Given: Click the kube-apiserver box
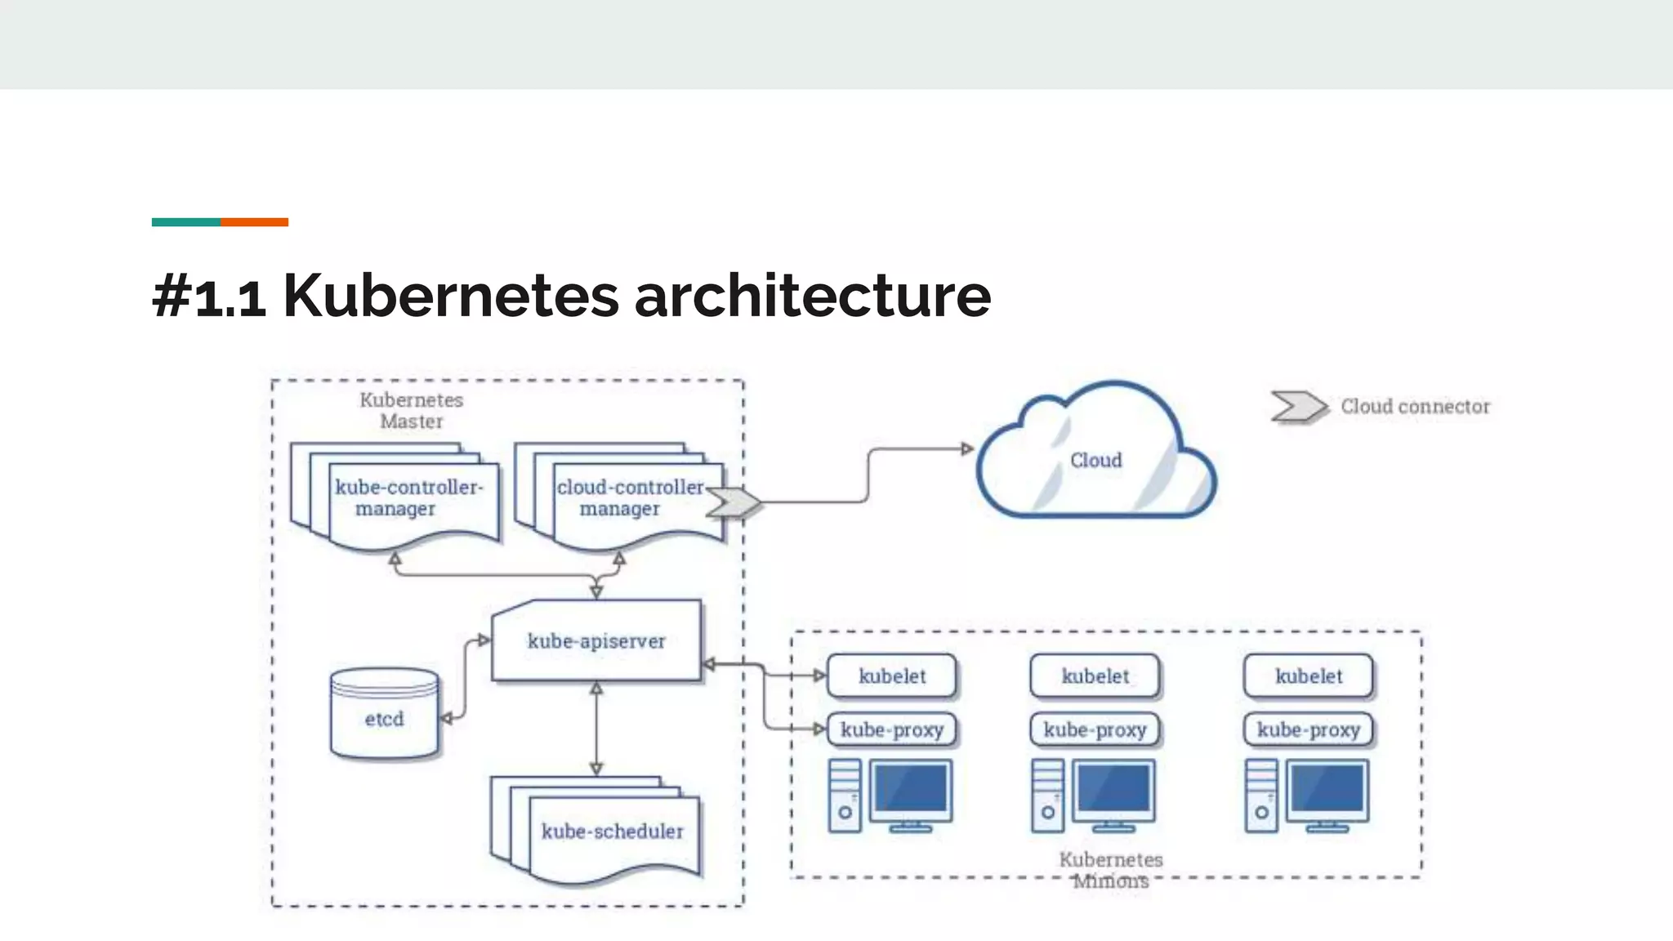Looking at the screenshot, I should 596,641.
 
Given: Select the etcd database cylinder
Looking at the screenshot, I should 384,716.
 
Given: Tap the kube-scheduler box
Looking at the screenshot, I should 612,832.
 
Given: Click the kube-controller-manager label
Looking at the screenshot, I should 408,497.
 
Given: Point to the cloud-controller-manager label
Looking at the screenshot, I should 629,497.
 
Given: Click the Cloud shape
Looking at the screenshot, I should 1095,460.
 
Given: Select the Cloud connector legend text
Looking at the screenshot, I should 1415,407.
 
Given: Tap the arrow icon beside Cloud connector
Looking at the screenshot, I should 1298,406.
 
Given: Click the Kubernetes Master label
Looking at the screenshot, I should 412,411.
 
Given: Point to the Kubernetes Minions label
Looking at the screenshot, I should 1110,870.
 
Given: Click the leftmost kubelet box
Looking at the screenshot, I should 891,676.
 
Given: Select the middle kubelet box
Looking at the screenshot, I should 1095,676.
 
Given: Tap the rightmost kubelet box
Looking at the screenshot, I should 1308,676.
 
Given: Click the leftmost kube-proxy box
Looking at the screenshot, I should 891,729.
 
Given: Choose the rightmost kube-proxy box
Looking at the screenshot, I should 1308,729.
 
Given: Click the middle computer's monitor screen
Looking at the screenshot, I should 1113,790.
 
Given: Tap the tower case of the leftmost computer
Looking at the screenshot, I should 845,796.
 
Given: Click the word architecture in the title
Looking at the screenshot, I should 812,296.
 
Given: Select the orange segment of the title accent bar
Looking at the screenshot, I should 254,222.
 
